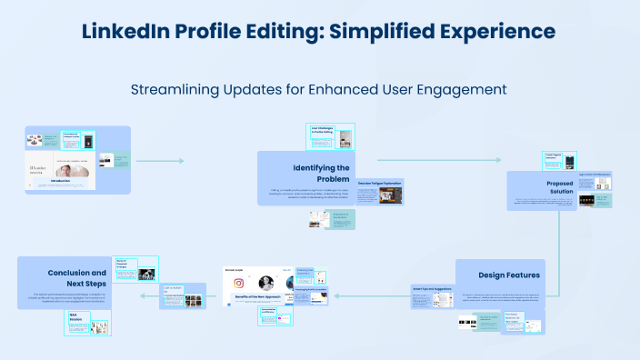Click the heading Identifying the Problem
tap(321, 173)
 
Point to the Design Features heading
tap(510, 275)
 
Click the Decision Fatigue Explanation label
tap(380, 183)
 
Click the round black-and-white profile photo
tap(267, 282)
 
